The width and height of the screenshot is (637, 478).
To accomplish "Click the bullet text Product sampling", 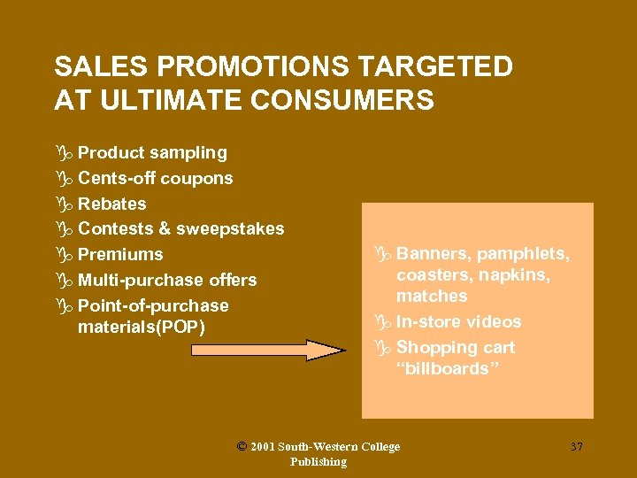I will [152, 152].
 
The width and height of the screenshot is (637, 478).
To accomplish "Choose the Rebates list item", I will [112, 204].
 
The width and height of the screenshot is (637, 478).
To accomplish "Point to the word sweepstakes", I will [230, 229].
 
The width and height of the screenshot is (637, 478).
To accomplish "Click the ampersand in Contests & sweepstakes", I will [164, 229].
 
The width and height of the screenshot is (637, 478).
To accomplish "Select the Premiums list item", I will [120, 255].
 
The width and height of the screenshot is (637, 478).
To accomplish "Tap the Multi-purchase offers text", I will [167, 281].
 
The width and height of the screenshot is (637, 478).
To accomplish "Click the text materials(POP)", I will [142, 328].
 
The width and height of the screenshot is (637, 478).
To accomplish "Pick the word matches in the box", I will [432, 296].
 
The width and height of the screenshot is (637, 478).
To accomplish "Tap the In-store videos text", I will [459, 321].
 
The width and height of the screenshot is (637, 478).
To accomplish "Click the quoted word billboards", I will [449, 368].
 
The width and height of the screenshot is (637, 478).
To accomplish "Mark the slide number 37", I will [577, 447].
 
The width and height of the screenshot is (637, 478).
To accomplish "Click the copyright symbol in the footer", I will [242, 447].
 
